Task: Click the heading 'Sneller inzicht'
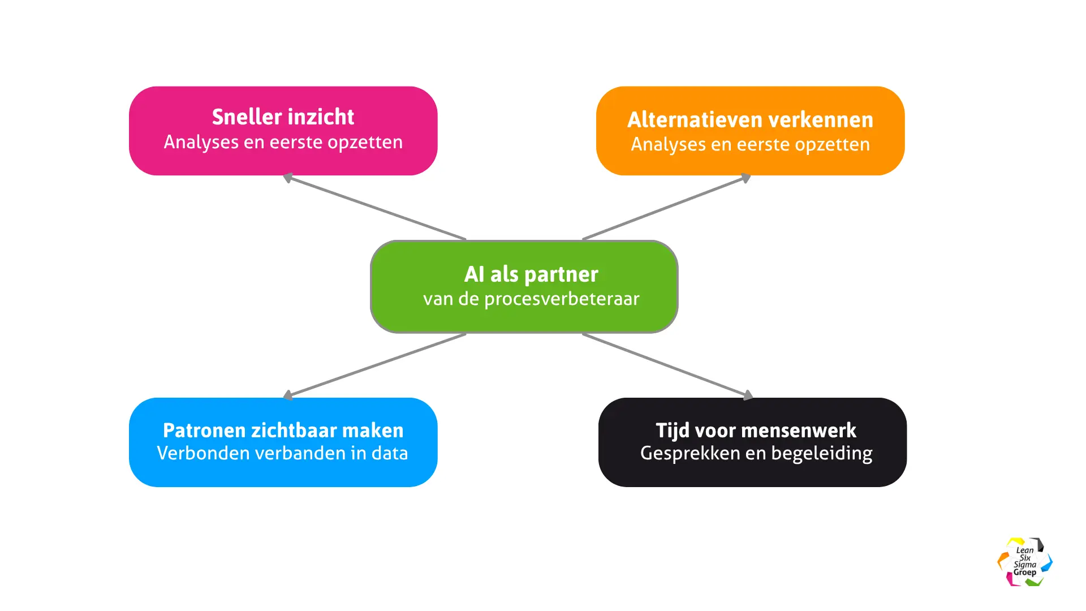pyautogui.click(x=283, y=117)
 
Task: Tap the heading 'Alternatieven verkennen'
pyautogui.click(x=750, y=120)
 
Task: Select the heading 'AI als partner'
pyautogui.click(x=531, y=274)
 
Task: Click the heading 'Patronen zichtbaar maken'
pyautogui.click(x=283, y=431)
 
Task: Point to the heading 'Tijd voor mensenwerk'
pyautogui.click(x=756, y=431)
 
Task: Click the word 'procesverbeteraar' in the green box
pyautogui.click(x=562, y=299)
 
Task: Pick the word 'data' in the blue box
pyautogui.click(x=390, y=453)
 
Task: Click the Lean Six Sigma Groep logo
pyautogui.click(x=1024, y=562)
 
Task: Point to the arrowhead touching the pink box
pyautogui.click(x=288, y=178)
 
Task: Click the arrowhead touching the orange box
pyautogui.click(x=746, y=178)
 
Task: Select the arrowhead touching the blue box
pyautogui.click(x=288, y=395)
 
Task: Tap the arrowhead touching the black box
pyautogui.click(x=748, y=395)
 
